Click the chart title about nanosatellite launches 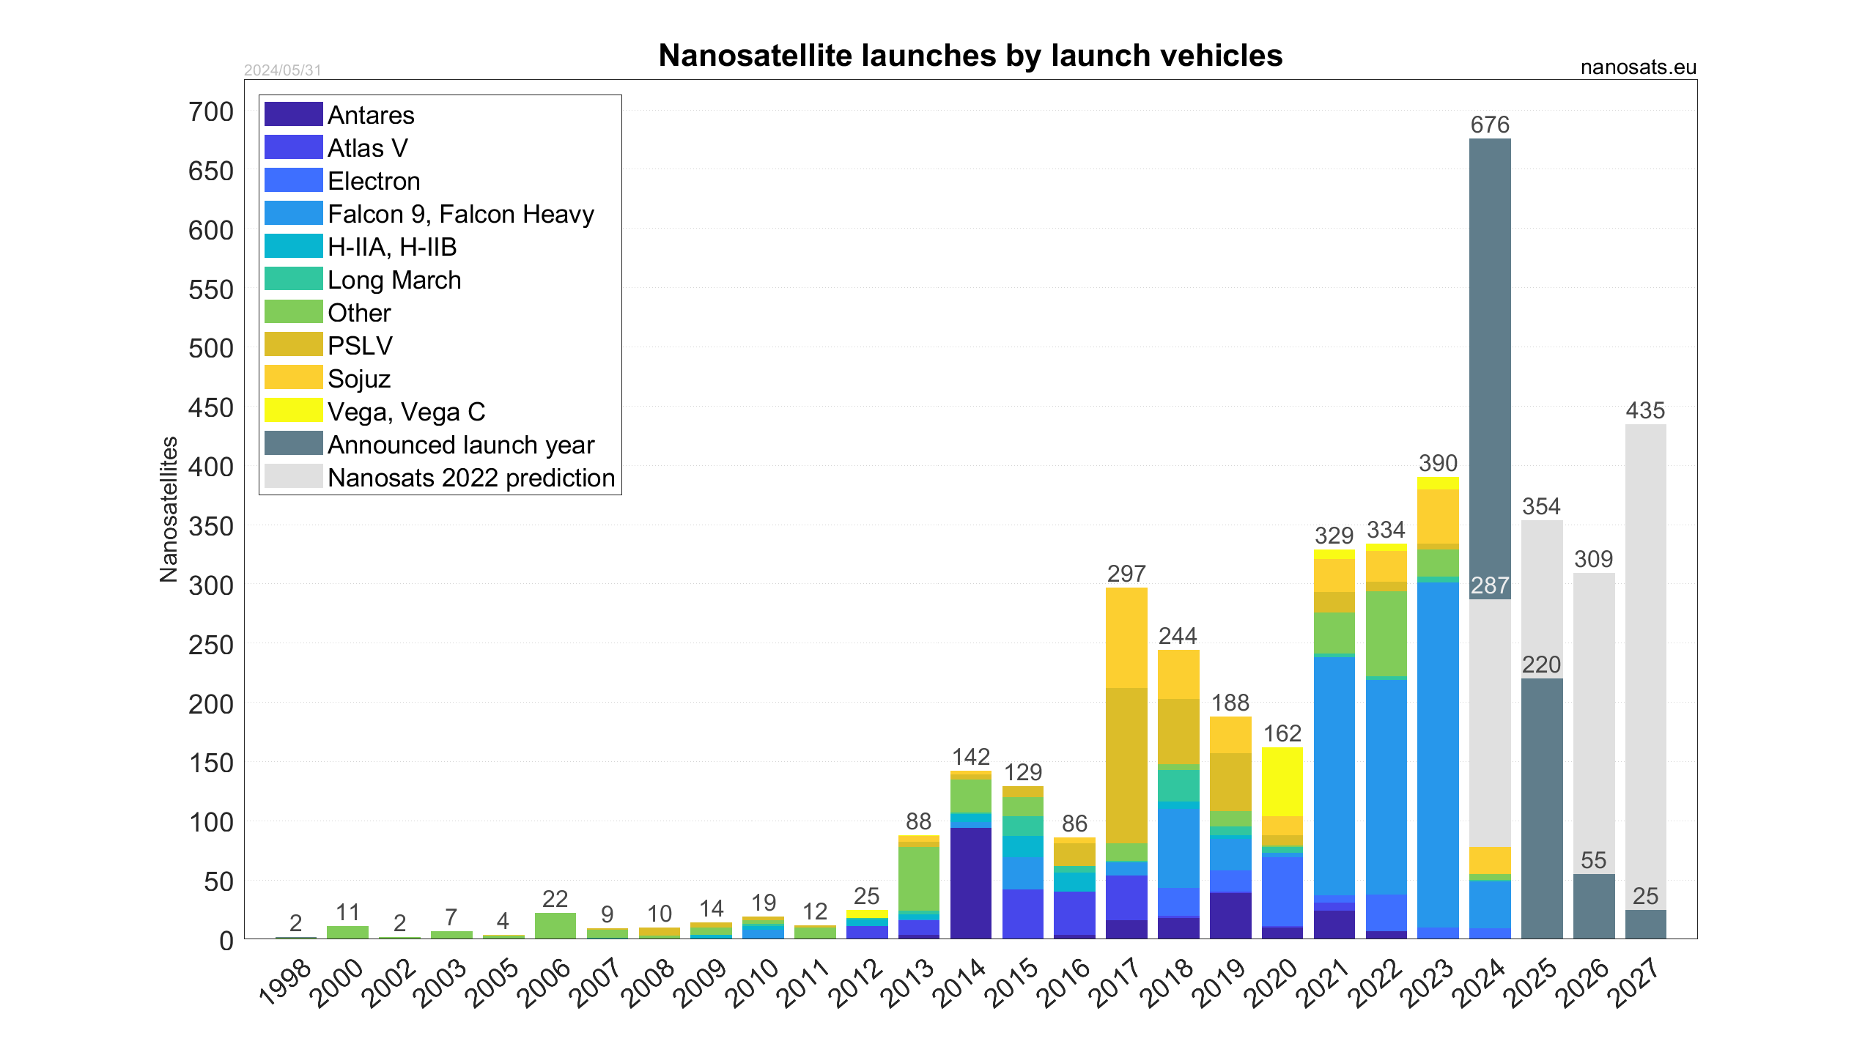[x=970, y=56]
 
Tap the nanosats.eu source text [x=1638, y=67]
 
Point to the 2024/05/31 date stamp [x=283, y=70]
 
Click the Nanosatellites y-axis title [x=169, y=509]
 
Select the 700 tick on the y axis [x=211, y=112]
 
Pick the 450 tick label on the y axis [x=211, y=408]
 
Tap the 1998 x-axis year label [x=286, y=983]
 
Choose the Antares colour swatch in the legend [x=293, y=114]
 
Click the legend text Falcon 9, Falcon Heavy [x=460, y=214]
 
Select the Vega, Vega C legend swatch [x=293, y=411]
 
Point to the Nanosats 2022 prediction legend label [x=471, y=478]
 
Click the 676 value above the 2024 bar [x=1490, y=125]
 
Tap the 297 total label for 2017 [x=1126, y=574]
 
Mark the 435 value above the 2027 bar [x=1645, y=411]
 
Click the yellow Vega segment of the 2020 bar [x=1282, y=781]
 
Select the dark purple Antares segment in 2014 [x=971, y=883]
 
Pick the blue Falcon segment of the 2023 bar [x=1438, y=755]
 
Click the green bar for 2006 [x=555, y=926]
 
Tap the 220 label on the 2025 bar [x=1541, y=665]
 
